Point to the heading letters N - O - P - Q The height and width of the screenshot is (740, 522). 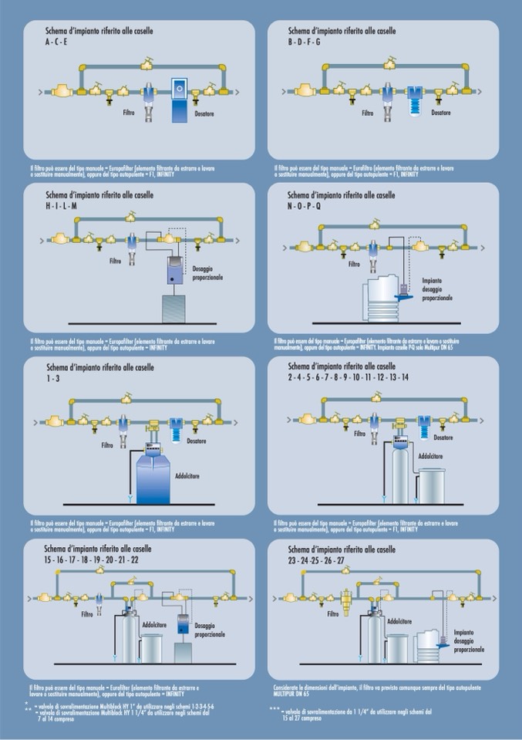pyautogui.click(x=308, y=207)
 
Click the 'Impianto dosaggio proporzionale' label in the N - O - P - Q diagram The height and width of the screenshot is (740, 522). pyautogui.click(x=436, y=289)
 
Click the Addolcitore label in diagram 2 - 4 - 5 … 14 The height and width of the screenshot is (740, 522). pyautogui.click(x=429, y=456)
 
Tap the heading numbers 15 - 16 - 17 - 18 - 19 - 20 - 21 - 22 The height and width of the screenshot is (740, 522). pyautogui.click(x=92, y=559)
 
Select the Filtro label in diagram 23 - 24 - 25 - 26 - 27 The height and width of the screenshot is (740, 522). pyautogui.click(x=332, y=614)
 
